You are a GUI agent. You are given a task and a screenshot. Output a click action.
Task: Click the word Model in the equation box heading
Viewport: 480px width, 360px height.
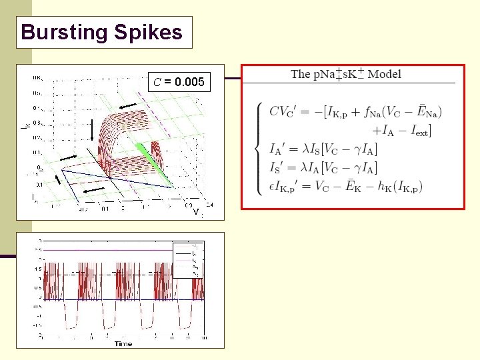click(385, 74)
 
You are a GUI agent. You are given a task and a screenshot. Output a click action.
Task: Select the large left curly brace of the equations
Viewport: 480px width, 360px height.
click(259, 147)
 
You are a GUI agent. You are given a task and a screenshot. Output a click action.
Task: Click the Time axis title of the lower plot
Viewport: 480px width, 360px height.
click(123, 343)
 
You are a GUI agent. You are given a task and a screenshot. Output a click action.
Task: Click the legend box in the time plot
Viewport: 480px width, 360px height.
click(188, 259)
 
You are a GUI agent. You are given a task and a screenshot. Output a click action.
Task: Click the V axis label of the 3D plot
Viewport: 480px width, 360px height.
click(196, 212)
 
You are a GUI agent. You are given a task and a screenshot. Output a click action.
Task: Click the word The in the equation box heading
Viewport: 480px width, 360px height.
click(301, 74)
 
